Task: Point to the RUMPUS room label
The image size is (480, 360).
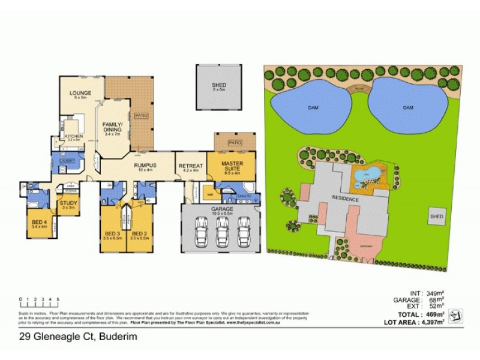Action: point(145,165)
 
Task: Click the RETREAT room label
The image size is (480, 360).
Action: point(190,166)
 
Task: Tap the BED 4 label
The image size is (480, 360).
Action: point(39,223)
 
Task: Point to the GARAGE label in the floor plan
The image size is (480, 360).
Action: point(222,208)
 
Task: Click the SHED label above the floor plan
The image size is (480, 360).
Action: point(218,85)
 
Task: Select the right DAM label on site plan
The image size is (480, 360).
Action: point(408,107)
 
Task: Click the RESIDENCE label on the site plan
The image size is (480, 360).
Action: point(344,199)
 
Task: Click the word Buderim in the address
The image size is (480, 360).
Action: point(121,337)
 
